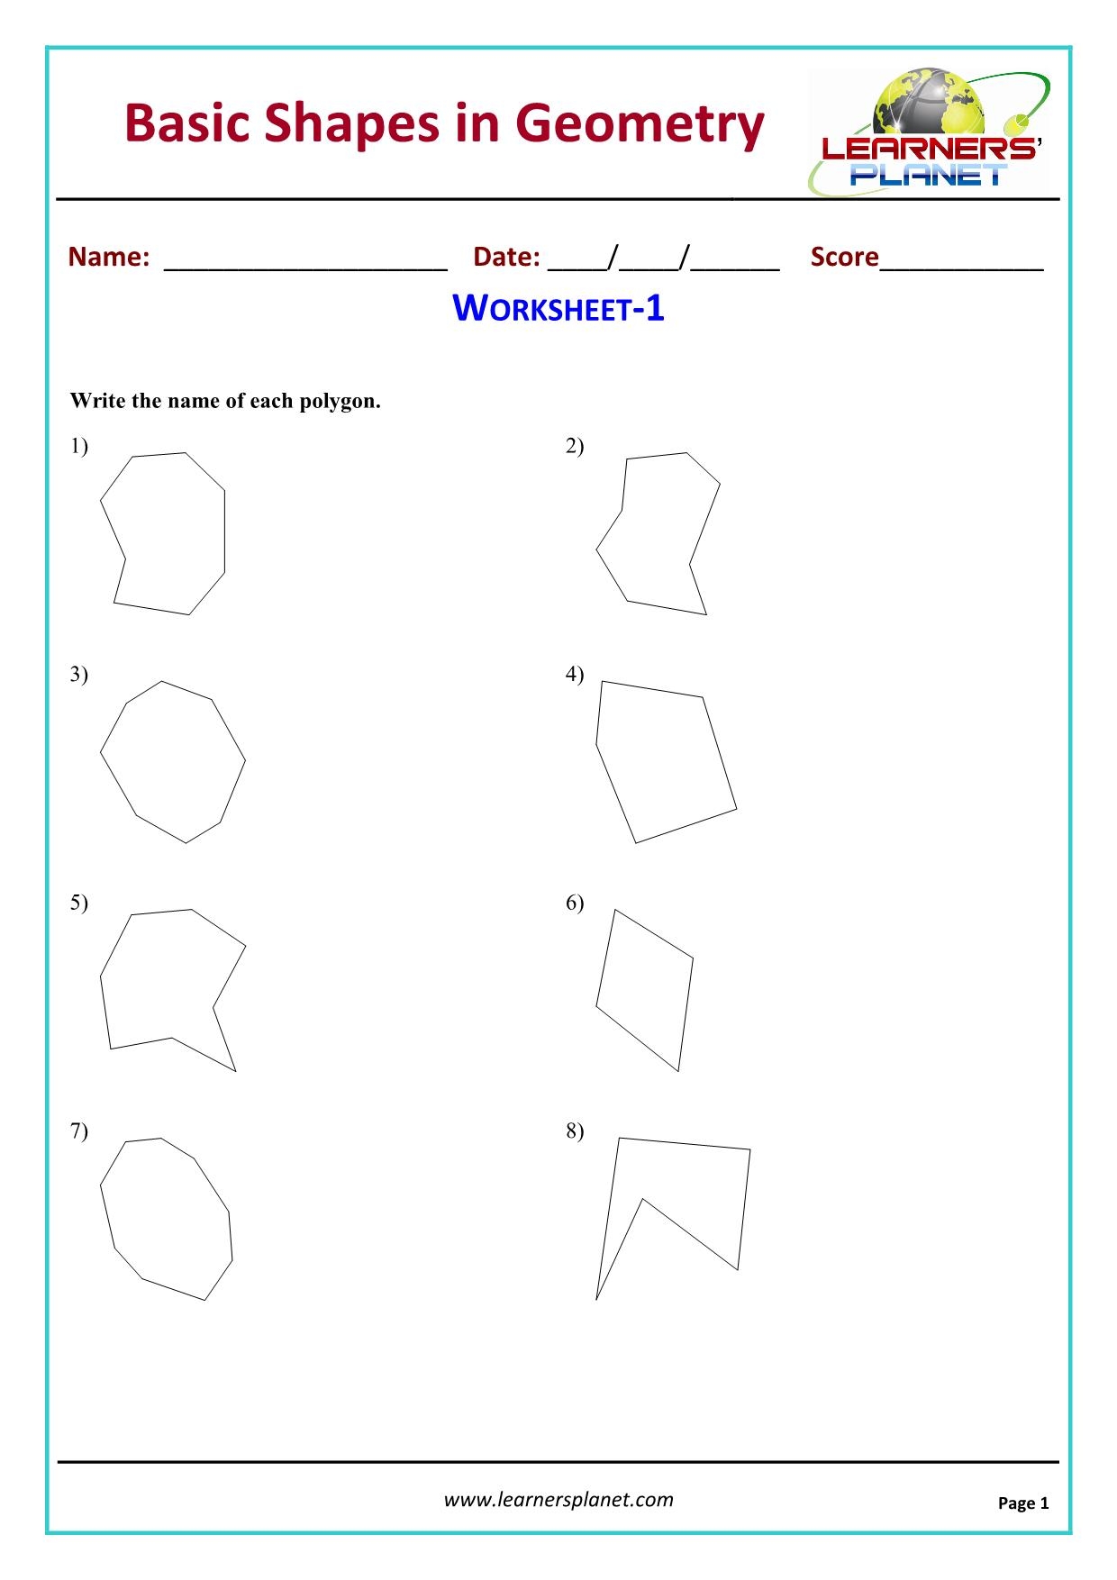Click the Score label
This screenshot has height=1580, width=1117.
[844, 257]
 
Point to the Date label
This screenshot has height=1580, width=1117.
[506, 257]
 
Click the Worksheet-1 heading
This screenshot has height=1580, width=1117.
[558, 309]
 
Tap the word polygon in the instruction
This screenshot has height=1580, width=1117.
[347, 402]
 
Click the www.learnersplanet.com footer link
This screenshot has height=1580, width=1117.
[558, 1499]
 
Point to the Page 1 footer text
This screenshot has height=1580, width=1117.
[1022, 1503]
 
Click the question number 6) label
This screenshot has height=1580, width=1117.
[575, 903]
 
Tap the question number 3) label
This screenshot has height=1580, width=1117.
[79, 674]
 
